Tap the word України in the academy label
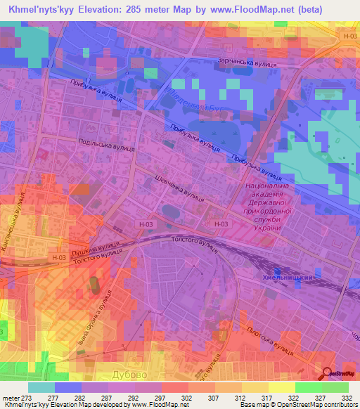264,227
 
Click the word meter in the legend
11,398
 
